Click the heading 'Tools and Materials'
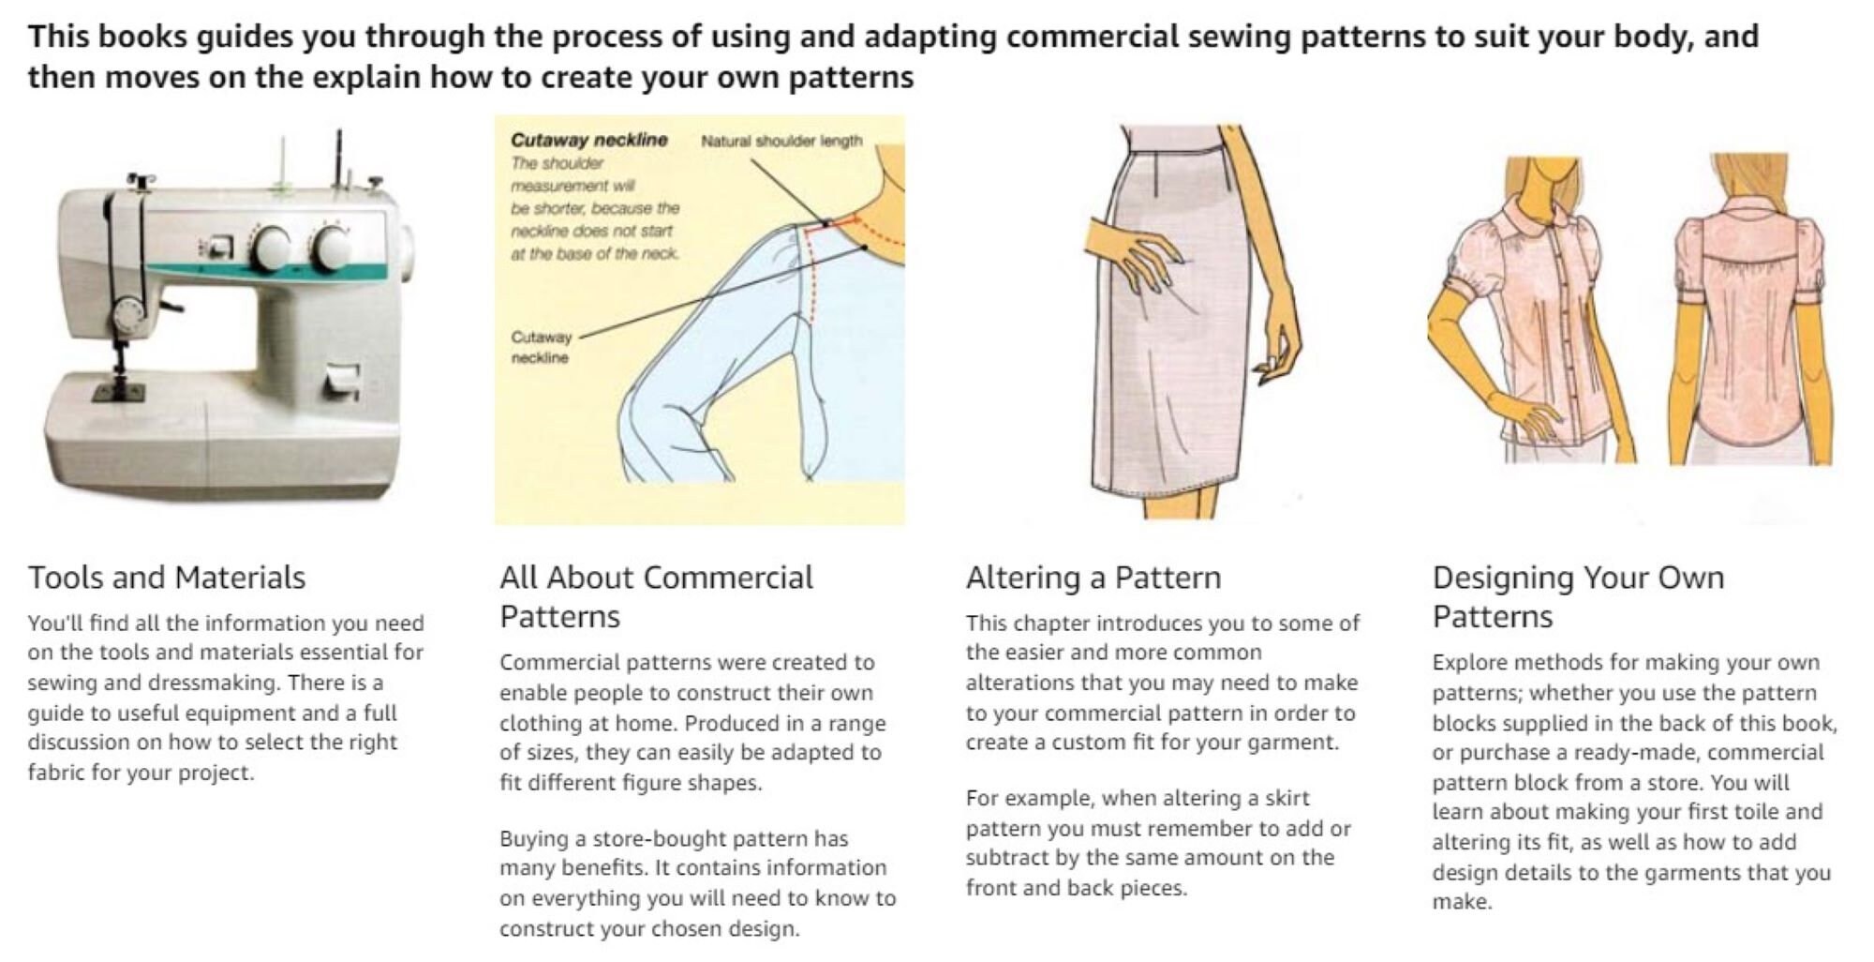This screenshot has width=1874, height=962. click(x=167, y=578)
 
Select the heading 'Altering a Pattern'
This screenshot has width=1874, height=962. click(x=1093, y=578)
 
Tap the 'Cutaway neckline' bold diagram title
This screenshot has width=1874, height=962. click(x=589, y=140)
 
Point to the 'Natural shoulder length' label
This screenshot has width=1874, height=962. click(x=781, y=141)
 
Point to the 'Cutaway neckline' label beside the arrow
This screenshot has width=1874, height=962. click(x=541, y=347)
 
